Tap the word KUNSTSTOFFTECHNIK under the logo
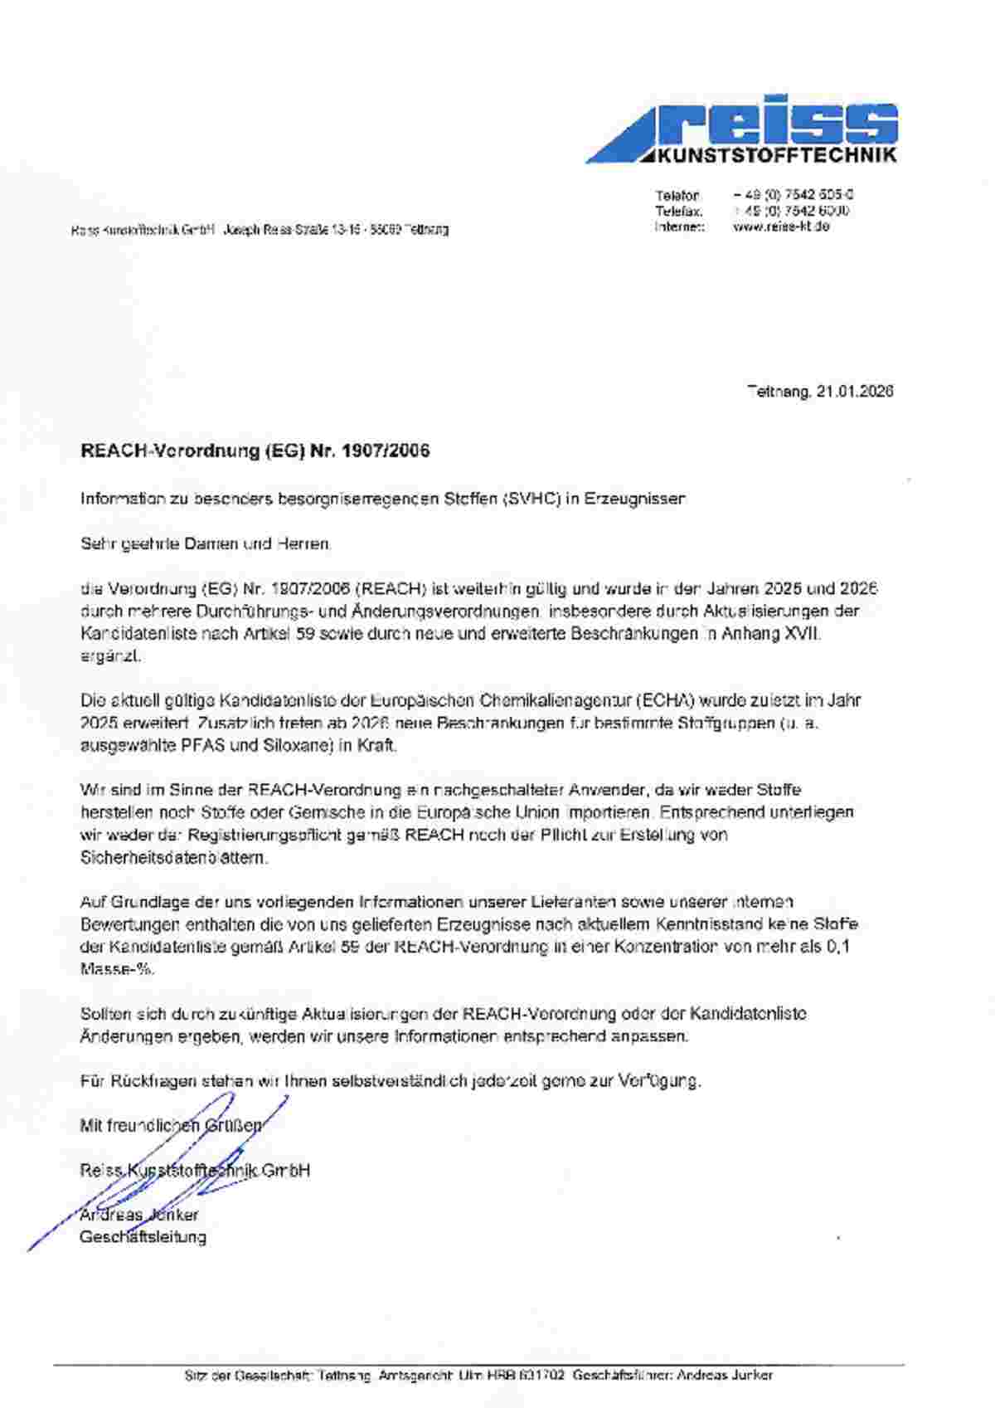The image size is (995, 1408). click(x=776, y=156)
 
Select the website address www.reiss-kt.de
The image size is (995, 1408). click(x=781, y=226)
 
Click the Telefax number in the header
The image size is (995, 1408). click(x=791, y=211)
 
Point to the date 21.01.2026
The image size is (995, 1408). click(x=854, y=391)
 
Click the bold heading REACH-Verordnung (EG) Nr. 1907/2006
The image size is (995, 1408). click(x=255, y=451)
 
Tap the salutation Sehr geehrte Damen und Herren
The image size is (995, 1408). click(x=206, y=544)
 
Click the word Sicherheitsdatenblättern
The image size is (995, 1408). click(x=174, y=858)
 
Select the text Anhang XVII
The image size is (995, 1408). click(x=776, y=634)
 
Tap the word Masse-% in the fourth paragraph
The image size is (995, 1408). click(x=116, y=968)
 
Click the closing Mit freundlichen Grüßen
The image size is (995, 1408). click(x=171, y=1126)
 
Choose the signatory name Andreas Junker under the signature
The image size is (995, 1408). click(x=139, y=1215)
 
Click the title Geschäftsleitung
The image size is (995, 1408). click(x=143, y=1237)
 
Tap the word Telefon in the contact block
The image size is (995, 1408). click(x=677, y=196)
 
